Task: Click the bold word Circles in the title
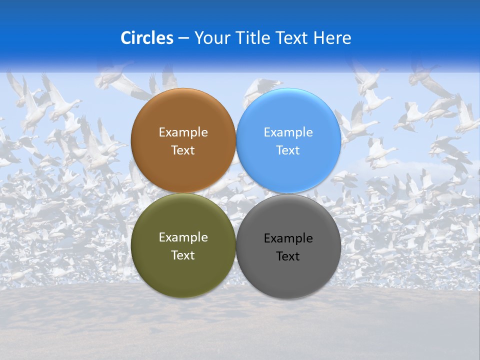tap(147, 38)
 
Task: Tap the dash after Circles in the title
tap(183, 38)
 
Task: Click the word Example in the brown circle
tap(183, 132)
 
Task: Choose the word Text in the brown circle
tap(183, 150)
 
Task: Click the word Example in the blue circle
tap(288, 132)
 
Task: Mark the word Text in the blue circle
tap(288, 150)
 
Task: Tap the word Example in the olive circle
tap(183, 237)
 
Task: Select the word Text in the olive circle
tap(183, 255)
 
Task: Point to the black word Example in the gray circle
tap(288, 238)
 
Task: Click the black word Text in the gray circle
tap(288, 256)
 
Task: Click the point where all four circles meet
tap(235, 193)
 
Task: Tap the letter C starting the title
tap(126, 38)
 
